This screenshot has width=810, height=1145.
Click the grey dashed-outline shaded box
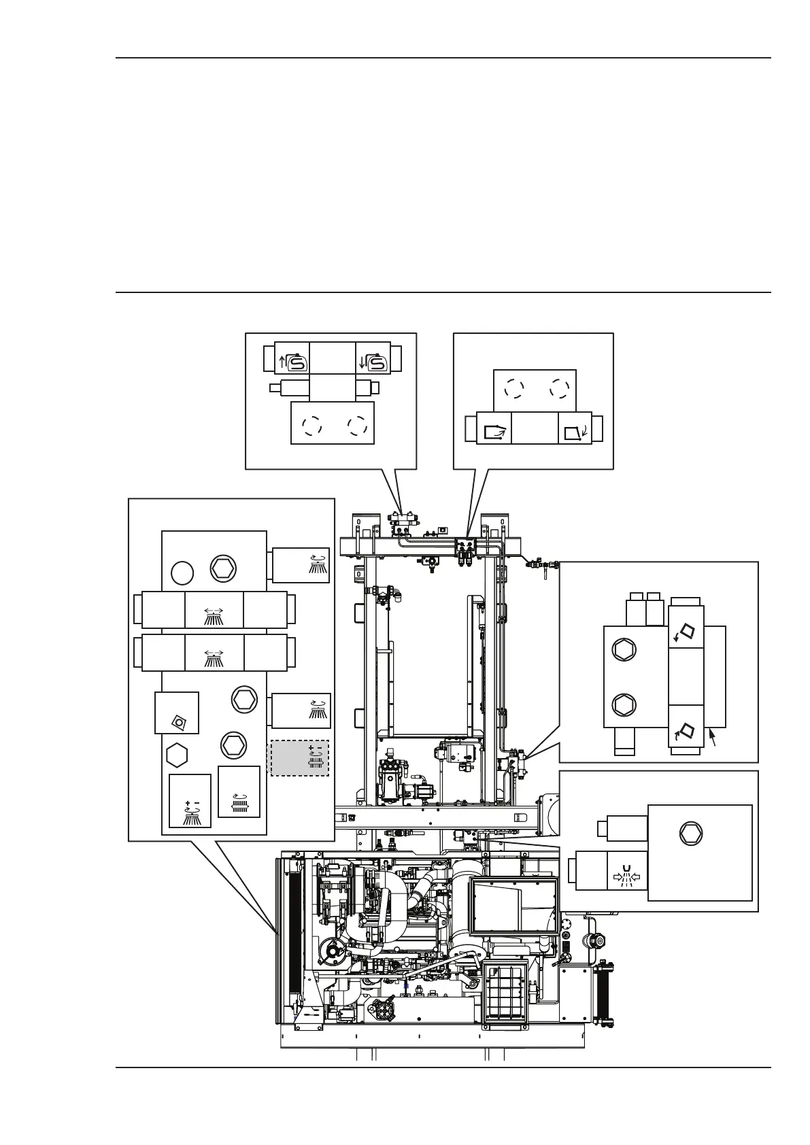pos(300,757)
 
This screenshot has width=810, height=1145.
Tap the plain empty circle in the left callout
pos(182,574)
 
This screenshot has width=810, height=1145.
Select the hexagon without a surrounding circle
pos(177,755)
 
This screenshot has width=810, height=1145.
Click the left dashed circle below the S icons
pos(311,426)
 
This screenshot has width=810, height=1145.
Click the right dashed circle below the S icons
pos(356,426)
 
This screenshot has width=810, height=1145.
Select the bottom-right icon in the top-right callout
pos(575,431)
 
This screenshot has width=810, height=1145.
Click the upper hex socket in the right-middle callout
pos(622,650)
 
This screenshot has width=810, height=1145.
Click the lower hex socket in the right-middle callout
pos(622,704)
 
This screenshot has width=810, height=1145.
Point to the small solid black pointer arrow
pos(712,736)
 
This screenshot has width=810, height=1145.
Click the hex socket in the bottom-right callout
pos(691,832)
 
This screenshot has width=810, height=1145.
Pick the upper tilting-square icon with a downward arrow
pos(686,634)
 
